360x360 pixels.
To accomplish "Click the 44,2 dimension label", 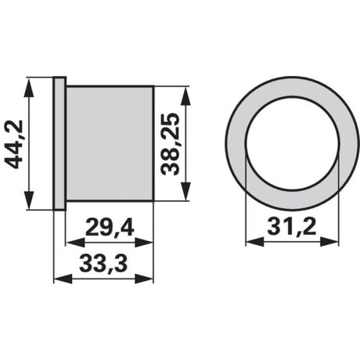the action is [14, 144].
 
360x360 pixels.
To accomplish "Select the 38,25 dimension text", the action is [171, 144].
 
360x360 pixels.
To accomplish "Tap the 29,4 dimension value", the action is [110, 227].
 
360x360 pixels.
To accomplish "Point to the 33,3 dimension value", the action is [103, 264].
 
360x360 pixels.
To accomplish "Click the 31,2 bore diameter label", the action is [292, 226].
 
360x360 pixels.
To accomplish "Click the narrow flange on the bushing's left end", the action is [59, 143].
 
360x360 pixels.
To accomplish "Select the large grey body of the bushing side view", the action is [110, 143].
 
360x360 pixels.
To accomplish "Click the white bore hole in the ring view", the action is [292, 143].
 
